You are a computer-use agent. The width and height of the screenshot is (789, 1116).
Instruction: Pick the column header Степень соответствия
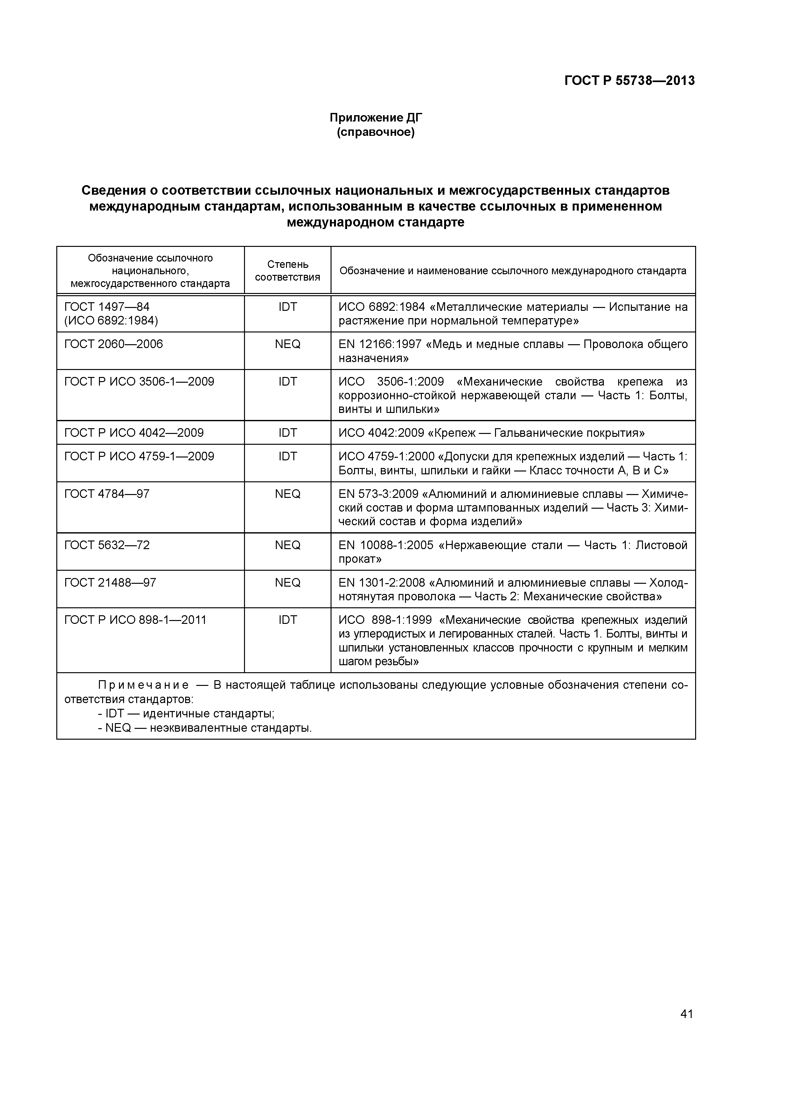point(287,271)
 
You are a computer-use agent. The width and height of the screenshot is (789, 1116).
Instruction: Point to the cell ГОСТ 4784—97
point(107,494)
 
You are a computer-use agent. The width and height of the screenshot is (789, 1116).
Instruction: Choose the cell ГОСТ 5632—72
point(107,545)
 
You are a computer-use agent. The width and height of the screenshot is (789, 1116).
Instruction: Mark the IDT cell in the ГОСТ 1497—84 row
point(287,307)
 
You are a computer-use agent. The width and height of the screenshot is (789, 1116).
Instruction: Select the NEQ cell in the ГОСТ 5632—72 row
point(287,545)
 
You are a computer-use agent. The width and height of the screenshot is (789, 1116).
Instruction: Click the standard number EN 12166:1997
point(380,344)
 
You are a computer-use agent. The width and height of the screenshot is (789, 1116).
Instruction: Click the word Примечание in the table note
point(143,685)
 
